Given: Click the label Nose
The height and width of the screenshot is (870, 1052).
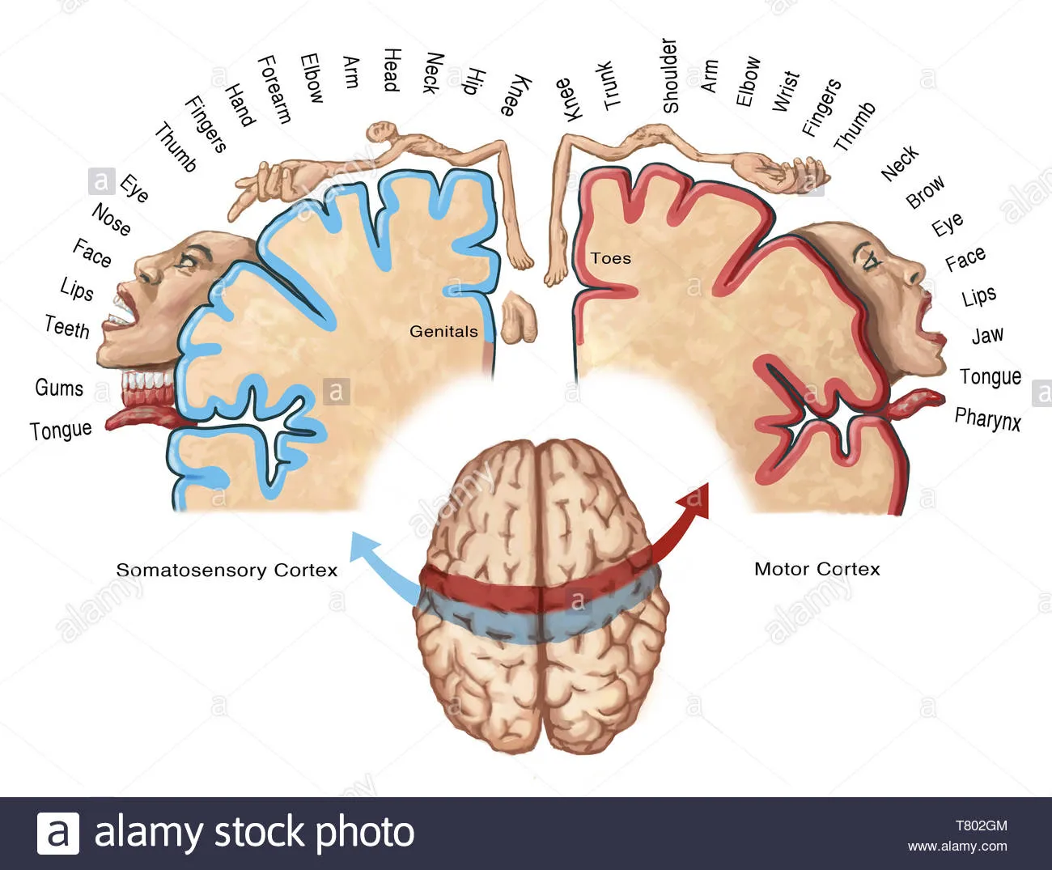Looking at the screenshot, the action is (x=112, y=219).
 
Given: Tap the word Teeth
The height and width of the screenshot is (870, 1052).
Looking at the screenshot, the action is (x=67, y=327).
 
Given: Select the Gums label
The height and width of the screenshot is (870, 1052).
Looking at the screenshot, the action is (x=59, y=388).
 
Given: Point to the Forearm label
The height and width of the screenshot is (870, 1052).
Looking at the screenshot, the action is (x=274, y=89).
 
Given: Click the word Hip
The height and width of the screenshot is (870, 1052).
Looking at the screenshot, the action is (x=473, y=82).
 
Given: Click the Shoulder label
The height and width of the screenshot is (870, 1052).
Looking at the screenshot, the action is (x=669, y=75).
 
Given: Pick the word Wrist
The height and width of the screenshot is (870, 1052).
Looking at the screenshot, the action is (x=786, y=91).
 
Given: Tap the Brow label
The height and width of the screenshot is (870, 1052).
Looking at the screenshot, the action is (x=925, y=192).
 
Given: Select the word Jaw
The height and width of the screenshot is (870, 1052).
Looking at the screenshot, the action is (x=987, y=335).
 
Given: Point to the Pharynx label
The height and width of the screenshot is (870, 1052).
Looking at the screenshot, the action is (x=987, y=419).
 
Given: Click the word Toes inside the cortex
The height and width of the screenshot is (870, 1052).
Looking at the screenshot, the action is (x=611, y=259).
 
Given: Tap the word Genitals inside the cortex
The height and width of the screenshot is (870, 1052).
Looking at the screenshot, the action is (x=443, y=331).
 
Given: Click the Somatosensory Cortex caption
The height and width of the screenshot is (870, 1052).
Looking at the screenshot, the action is (x=227, y=570).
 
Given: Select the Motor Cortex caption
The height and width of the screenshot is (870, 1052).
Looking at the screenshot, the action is (x=817, y=569).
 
